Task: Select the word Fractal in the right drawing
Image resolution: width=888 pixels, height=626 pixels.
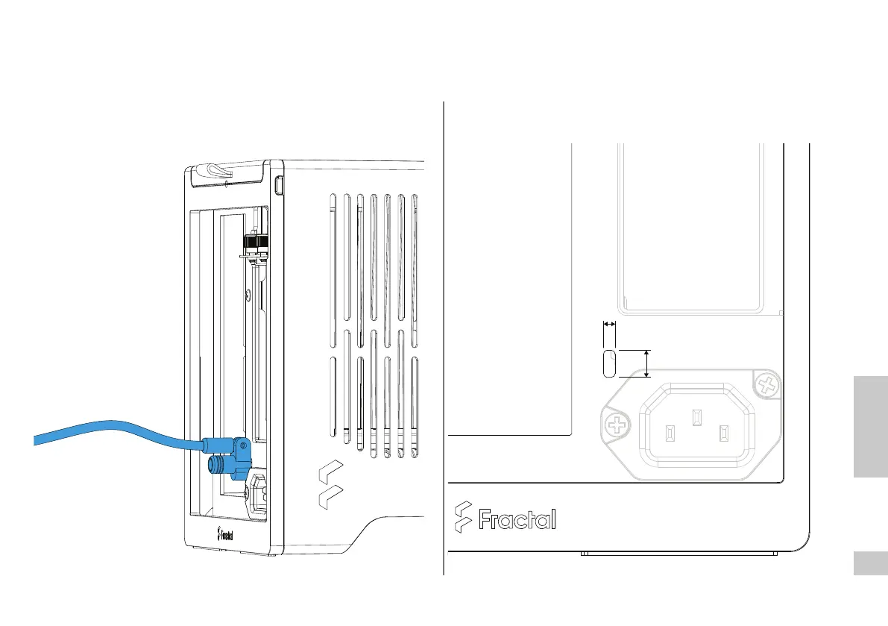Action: [x=517, y=519]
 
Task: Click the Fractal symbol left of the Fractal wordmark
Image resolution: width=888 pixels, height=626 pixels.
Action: [x=463, y=516]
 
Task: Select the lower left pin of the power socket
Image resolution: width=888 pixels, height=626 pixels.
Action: [x=670, y=432]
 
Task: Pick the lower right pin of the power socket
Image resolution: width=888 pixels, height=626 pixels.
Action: [x=722, y=432]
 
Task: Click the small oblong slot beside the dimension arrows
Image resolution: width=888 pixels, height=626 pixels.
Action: [x=608, y=362]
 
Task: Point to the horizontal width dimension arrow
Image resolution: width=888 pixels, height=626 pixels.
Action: [x=609, y=325]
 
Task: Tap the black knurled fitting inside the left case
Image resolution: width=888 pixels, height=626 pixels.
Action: [x=251, y=243]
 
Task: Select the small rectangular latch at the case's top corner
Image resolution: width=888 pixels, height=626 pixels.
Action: [x=280, y=184]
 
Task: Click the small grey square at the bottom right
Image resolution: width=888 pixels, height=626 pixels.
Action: [x=870, y=563]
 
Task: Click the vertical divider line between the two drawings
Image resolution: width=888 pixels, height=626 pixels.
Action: [x=444, y=336]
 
